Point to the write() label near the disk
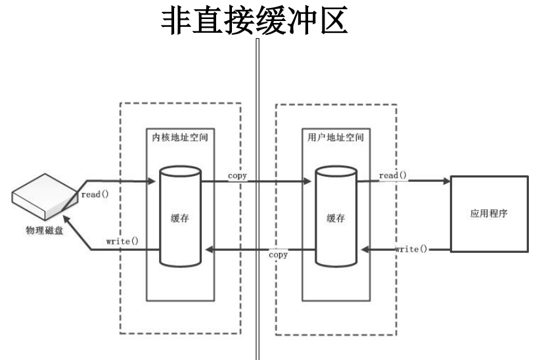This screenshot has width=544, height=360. tap(122, 240)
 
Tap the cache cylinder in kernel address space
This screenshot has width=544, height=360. tap(179, 216)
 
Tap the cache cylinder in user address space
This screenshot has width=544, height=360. tap(335, 216)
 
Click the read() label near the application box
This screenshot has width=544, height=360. tap(393, 175)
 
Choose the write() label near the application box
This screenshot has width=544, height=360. tap(411, 250)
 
